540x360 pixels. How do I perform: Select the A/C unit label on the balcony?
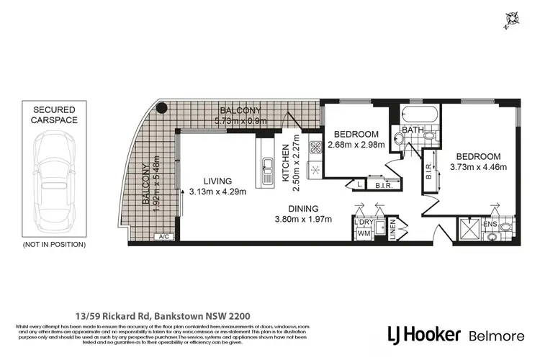[x=163, y=236]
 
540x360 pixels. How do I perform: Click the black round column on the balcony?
[x=162, y=109]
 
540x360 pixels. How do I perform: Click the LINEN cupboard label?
[x=392, y=230]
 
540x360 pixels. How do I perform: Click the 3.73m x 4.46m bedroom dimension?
[x=479, y=167]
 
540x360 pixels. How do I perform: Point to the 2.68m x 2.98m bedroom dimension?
[x=356, y=145]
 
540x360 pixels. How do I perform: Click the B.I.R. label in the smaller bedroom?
[x=382, y=186]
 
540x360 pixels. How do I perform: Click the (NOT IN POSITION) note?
[x=54, y=245]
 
